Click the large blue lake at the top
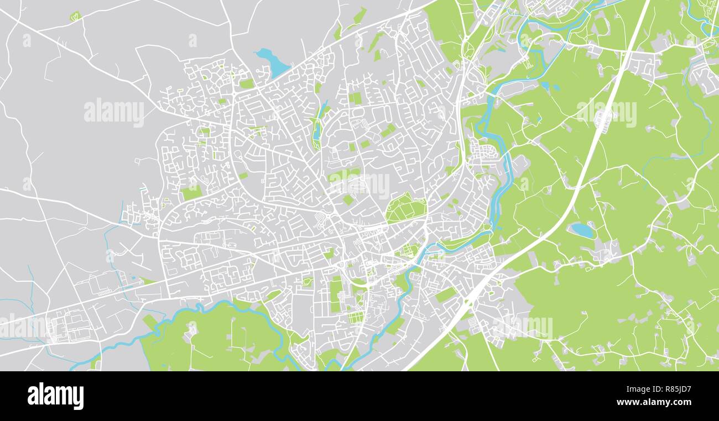pyautogui.click(x=273, y=62)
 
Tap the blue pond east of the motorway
pyautogui.click(x=582, y=230)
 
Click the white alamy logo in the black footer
pyautogui.click(x=55, y=396)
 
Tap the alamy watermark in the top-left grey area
pyautogui.click(x=114, y=112)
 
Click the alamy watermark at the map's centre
pyautogui.click(x=359, y=185)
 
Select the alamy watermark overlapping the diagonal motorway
pyautogui.click(x=606, y=113)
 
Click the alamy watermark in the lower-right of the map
pyautogui.click(x=522, y=327)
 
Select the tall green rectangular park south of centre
pyautogui.click(x=336, y=294)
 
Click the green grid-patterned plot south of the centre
pyautogui.click(x=356, y=318)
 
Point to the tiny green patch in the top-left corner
pyautogui.click(x=75, y=17)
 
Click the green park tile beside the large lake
pyautogui.click(x=247, y=84)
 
